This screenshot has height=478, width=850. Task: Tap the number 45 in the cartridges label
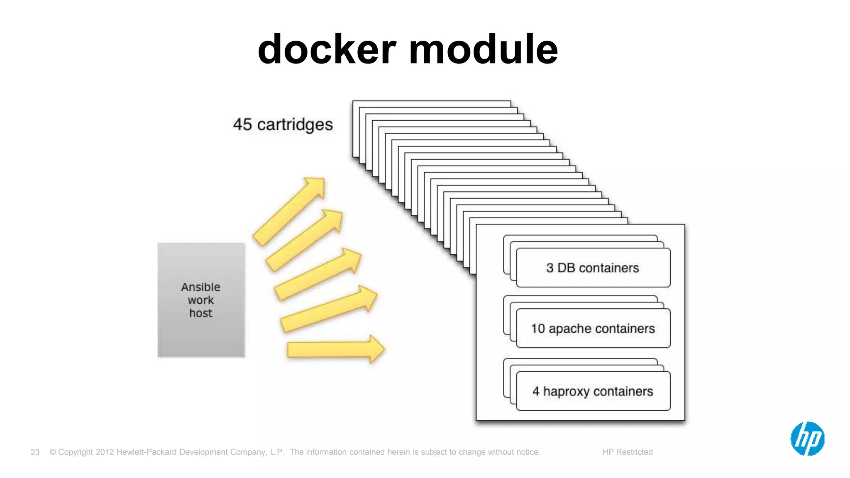coord(242,124)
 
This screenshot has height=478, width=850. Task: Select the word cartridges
coord(295,125)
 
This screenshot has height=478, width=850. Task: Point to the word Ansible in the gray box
coord(200,287)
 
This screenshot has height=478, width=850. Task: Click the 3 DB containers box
coord(593,268)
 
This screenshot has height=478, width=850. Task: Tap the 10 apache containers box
coord(593,329)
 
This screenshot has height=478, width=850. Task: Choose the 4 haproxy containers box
coord(593,391)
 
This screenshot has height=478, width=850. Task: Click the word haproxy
coord(567,392)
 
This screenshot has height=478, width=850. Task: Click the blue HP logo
coord(807,439)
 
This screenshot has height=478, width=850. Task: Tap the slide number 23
coord(35,452)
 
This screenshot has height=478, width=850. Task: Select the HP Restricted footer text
coord(627,452)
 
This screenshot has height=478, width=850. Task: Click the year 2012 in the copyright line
coord(105,452)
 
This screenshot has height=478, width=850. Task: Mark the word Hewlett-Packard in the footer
coord(147,452)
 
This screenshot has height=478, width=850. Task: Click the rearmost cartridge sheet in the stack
coord(432,104)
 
